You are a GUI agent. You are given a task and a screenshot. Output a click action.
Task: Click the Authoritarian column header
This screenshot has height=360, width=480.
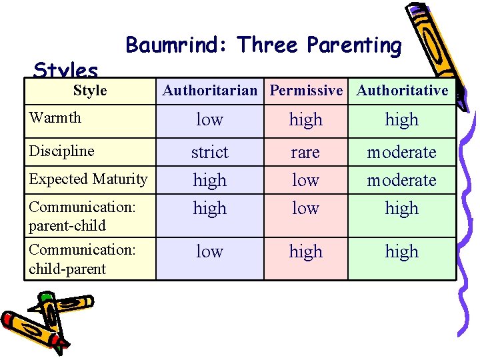pyautogui.click(x=209, y=90)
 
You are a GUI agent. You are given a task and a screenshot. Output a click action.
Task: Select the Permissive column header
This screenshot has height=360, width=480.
pyautogui.click(x=306, y=90)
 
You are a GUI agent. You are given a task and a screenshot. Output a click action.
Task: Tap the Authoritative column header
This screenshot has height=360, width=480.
pyautogui.click(x=402, y=90)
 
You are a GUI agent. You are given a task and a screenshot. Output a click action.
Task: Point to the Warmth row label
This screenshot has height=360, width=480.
pyautogui.click(x=55, y=118)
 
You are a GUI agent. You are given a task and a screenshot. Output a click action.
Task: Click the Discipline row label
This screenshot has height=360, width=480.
pyautogui.click(x=61, y=151)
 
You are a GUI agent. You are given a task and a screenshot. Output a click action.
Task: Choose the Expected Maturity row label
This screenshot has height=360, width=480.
pyautogui.click(x=88, y=179)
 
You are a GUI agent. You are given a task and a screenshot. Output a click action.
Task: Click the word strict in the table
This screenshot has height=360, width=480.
pyautogui.click(x=209, y=152)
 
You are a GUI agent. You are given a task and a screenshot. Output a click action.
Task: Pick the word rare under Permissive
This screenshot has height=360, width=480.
pyautogui.click(x=305, y=152)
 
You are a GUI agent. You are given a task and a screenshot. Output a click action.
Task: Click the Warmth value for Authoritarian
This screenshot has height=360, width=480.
pyautogui.click(x=209, y=120)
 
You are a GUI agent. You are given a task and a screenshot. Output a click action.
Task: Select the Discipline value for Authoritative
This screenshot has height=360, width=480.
pyautogui.click(x=402, y=152)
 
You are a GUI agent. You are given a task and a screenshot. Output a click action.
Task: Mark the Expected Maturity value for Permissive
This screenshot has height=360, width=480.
pyautogui.click(x=305, y=180)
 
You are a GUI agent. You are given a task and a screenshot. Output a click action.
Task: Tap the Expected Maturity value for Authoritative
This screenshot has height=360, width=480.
pyautogui.click(x=402, y=180)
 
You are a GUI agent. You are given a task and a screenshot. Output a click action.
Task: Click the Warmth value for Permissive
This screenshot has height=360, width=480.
pyautogui.click(x=305, y=120)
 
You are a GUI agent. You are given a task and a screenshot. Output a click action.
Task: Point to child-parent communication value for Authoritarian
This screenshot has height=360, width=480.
pyautogui.click(x=209, y=252)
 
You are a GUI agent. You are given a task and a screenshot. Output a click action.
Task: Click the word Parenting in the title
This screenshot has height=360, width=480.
pyautogui.click(x=354, y=45)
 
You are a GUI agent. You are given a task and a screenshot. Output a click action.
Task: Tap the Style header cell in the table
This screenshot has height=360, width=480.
pyautogui.click(x=90, y=90)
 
